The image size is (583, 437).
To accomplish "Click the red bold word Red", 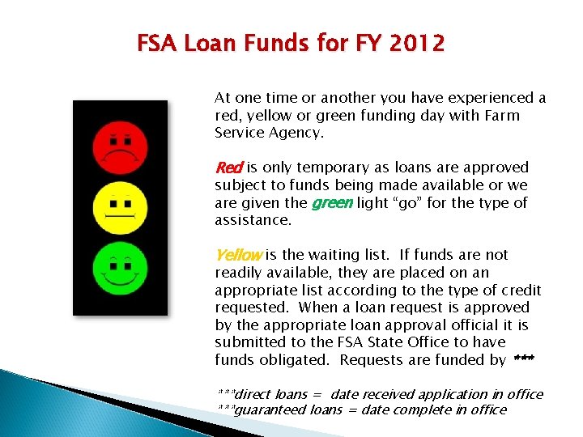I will tap(228, 168).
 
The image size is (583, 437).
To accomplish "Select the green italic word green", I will tap(332, 202).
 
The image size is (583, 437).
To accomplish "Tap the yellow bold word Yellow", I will tap(238, 255).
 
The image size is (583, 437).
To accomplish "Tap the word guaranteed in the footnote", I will tap(270, 409).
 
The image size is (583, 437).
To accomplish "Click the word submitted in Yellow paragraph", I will tap(250, 342).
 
